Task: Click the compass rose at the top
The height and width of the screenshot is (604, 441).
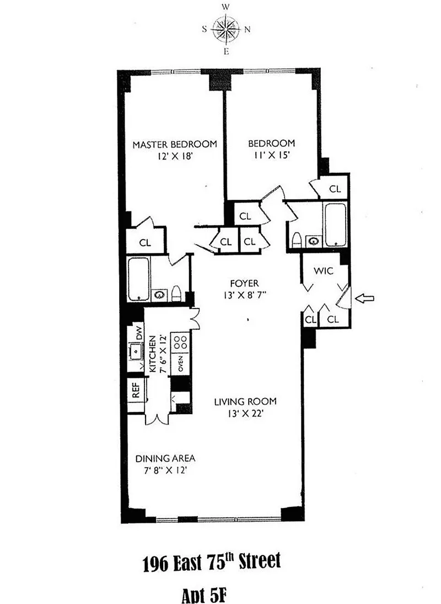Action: [227, 29]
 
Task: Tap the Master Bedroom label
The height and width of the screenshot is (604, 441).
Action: [175, 145]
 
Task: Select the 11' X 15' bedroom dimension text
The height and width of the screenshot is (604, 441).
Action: [271, 155]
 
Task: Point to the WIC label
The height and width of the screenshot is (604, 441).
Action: [324, 271]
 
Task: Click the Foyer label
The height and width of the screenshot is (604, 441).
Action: [245, 284]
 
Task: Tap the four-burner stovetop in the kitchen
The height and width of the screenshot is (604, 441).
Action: [180, 342]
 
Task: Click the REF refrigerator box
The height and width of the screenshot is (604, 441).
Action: [136, 390]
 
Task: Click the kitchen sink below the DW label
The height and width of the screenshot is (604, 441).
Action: [136, 351]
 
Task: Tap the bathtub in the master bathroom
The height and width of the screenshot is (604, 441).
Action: [138, 279]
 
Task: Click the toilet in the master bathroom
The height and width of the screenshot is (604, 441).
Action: [176, 294]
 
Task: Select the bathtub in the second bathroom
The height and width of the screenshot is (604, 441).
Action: [336, 225]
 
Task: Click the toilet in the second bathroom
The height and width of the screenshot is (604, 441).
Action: [297, 240]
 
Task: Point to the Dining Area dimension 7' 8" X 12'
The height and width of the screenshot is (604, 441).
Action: [165, 471]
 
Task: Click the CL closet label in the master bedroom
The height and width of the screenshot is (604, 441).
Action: [145, 243]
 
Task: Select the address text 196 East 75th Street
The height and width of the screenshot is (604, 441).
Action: [212, 563]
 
